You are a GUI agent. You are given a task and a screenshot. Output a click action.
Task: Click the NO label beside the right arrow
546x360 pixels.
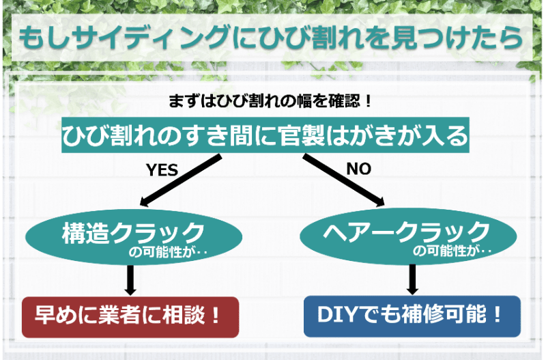(359, 169)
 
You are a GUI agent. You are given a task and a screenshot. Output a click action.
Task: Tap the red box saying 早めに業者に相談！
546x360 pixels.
(130, 316)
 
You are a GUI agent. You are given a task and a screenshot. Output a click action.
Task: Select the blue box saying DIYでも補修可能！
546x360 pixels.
(412, 316)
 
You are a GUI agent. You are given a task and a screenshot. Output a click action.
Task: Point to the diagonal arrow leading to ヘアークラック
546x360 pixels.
(344, 179)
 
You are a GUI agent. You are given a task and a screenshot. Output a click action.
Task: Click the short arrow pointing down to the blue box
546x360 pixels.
(412, 279)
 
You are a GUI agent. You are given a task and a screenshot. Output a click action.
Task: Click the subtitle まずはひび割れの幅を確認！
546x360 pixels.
(270, 102)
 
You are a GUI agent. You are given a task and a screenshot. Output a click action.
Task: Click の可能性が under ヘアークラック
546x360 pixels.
(444, 252)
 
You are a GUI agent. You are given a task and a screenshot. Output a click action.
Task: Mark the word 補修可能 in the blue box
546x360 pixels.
(443, 316)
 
